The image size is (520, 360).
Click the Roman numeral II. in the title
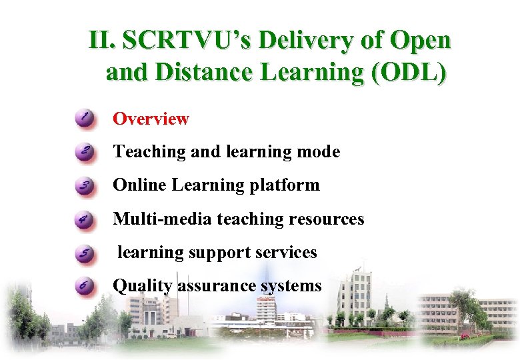point(103,41)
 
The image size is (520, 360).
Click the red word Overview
point(151,119)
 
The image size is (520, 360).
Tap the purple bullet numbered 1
point(85,119)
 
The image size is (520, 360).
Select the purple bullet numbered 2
point(85,153)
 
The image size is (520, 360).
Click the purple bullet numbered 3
point(85,186)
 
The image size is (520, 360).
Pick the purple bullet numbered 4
point(85,219)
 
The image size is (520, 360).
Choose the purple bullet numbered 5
point(85,253)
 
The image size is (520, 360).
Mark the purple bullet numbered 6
point(85,287)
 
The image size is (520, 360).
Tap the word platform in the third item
point(290,185)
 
